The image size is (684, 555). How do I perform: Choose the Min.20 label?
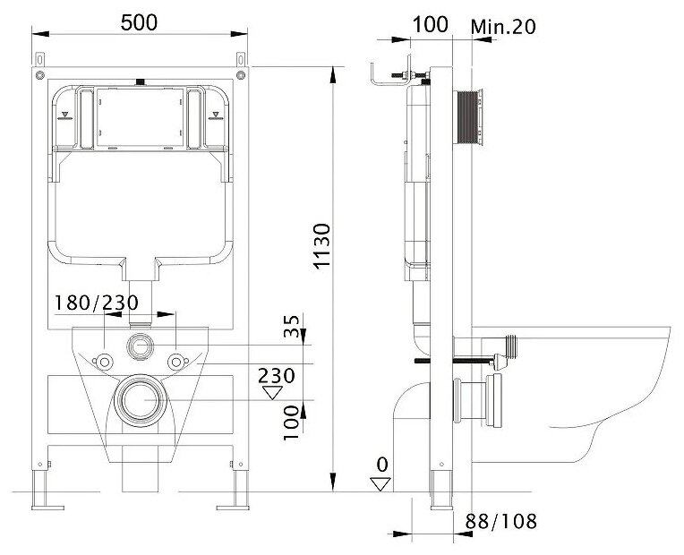pyautogui.click(x=503, y=26)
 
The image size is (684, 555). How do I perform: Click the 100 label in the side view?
pyautogui.click(x=432, y=24)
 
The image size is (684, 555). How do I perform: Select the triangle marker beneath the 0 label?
pyautogui.click(x=381, y=483)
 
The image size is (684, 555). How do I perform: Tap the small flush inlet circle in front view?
pyautogui.click(x=141, y=344)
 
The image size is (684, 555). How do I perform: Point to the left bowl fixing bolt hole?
pyautogui.click(x=104, y=361)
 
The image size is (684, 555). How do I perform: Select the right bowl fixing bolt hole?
pyautogui.click(x=177, y=361)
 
